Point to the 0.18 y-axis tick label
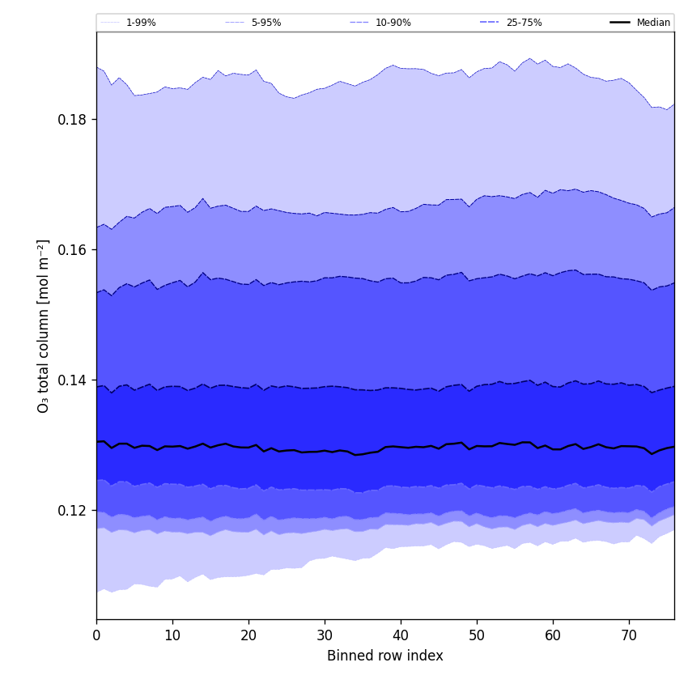72,120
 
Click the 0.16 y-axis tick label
72,250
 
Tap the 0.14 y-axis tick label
72,380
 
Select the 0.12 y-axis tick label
72,511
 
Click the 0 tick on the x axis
96,635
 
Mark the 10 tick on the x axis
172,635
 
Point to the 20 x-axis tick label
248,635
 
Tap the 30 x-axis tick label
325,635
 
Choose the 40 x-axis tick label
401,635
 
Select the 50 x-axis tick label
477,635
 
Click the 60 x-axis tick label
553,635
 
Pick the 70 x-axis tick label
629,635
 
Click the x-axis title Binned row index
385,656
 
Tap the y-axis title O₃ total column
44,325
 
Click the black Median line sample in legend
621,23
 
